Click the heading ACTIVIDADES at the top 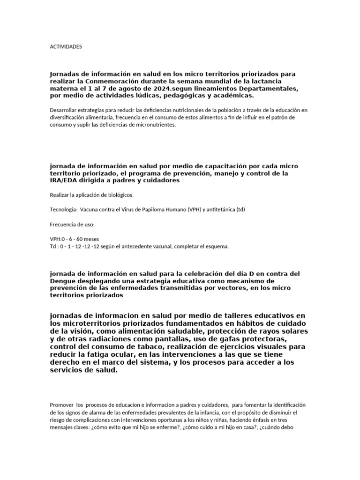click(66, 47)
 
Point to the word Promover click(60, 405)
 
